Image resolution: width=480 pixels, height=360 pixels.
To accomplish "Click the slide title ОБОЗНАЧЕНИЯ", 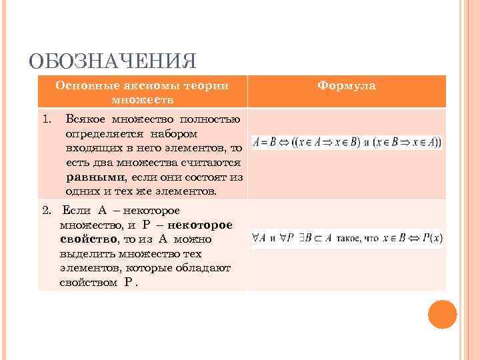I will click(x=113, y=62).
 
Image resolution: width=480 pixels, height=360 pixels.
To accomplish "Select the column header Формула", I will click(x=347, y=86).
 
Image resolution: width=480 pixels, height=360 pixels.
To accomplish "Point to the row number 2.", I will click(x=45, y=211).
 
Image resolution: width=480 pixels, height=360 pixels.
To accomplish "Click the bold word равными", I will click(x=95, y=177).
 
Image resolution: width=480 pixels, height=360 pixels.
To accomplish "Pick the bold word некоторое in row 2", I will click(x=200, y=225).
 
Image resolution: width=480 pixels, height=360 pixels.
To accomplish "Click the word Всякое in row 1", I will click(x=87, y=120).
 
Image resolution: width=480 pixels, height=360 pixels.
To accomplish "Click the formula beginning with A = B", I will click(x=347, y=142).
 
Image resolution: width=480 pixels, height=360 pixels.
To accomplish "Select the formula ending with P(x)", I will click(x=347, y=237).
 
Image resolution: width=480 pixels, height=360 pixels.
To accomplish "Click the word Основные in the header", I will click(x=84, y=85).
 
